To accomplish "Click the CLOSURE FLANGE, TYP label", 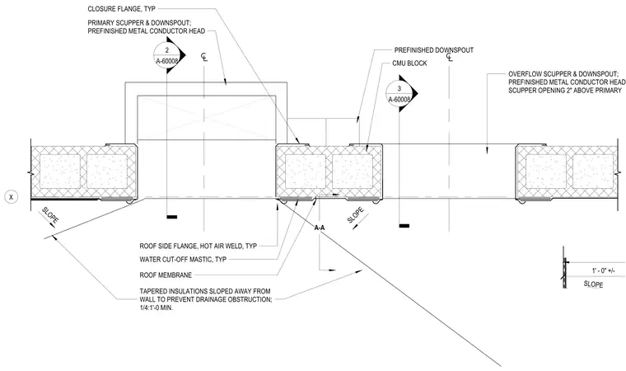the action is coord(121,9).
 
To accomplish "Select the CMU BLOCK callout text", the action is coord(409,63).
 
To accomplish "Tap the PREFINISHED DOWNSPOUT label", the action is coord(434,50).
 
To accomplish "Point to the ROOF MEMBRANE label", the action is coord(166,275).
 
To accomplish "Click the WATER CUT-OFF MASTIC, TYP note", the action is coord(183,259).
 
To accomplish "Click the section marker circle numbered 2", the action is coord(167,55).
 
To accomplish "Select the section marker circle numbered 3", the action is coord(399,94).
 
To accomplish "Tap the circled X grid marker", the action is coord(12,197).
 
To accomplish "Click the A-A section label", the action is coord(320,228).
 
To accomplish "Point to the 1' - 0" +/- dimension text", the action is coord(603,270).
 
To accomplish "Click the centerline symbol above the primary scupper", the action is coord(204,57).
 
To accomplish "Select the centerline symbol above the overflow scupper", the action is coord(450,57).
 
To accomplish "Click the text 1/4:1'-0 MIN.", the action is coord(156,308).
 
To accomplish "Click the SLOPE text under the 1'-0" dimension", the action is coord(593,284).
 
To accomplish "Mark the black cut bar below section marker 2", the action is coord(172,217).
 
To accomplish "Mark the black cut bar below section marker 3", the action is coord(404,226).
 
